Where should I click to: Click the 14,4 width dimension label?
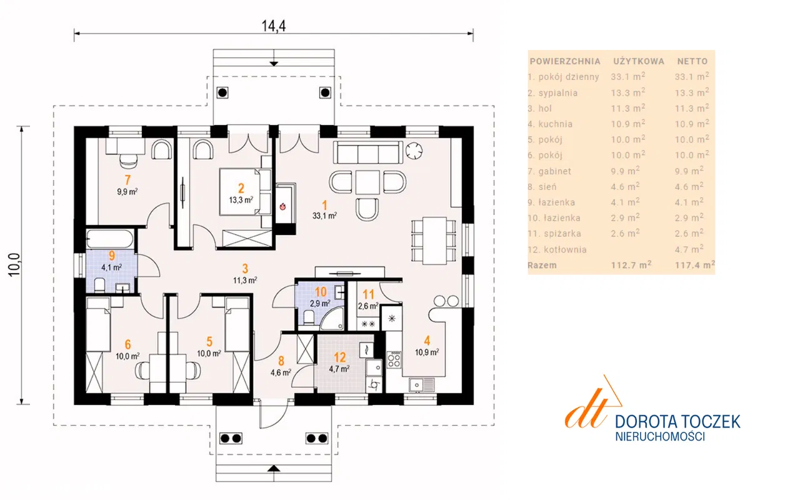tap(274, 26)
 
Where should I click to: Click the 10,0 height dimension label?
tap(14, 264)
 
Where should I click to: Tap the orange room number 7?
tap(127, 180)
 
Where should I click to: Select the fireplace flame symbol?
tap(283, 206)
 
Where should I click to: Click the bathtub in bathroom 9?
tap(110, 239)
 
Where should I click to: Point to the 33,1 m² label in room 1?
tap(324, 216)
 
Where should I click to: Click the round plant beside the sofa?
tap(414, 151)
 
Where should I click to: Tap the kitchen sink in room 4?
tap(422, 384)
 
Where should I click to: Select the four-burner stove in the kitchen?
tap(394, 359)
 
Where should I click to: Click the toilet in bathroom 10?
tap(309, 317)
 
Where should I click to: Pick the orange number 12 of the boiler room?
tap(339, 357)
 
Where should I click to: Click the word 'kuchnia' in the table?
tap(556, 124)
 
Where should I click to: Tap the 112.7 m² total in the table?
tap(631, 264)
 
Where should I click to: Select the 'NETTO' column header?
tap(692, 61)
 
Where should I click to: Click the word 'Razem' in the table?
tap(542, 266)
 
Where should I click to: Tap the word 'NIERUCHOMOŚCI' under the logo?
tap(660, 436)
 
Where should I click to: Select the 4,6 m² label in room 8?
tap(281, 372)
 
